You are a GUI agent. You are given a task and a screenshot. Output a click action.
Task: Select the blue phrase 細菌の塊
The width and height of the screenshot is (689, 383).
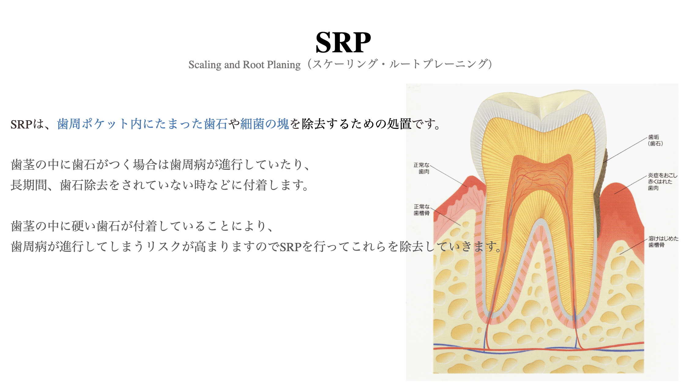[x=264, y=124]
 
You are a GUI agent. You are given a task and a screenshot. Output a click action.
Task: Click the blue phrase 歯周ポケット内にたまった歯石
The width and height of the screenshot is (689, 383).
[x=142, y=124]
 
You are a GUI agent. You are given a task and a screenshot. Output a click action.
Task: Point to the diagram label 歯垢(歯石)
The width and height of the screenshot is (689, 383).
[x=655, y=140]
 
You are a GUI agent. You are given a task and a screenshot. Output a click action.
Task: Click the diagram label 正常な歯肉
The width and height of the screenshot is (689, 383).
[x=422, y=168]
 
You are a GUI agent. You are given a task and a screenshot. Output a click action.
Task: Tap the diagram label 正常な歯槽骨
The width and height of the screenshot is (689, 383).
[x=422, y=210]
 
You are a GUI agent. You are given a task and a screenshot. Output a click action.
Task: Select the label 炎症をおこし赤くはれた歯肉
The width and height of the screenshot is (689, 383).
[x=662, y=181]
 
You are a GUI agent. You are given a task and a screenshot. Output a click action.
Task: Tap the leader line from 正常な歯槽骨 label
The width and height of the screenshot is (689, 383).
[x=447, y=217]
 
